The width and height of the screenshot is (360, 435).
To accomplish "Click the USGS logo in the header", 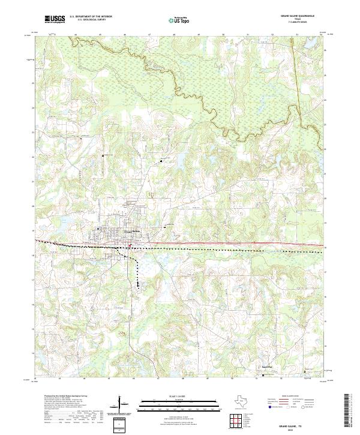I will [x=55, y=20].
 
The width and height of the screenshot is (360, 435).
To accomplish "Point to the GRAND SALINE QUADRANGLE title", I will [x=298, y=16].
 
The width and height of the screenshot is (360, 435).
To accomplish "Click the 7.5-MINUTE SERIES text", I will [x=298, y=22].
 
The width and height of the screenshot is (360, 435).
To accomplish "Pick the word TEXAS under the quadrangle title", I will [x=298, y=19].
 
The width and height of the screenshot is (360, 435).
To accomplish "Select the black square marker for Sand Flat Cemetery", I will [x=263, y=376].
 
